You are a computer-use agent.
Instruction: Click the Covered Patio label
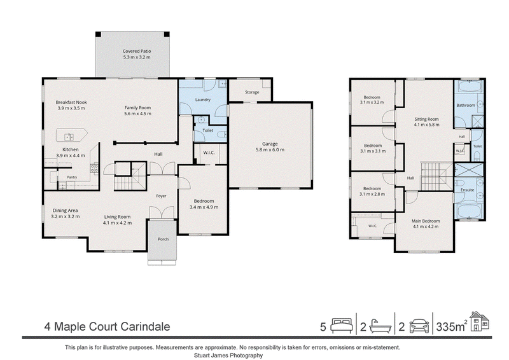[137, 51]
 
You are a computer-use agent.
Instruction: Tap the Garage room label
[270, 144]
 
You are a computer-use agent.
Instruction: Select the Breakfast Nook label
[71, 102]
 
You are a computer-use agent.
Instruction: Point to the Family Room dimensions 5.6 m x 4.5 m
[137, 114]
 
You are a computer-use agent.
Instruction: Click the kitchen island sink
[69, 137]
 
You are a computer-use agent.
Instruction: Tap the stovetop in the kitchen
[94, 168]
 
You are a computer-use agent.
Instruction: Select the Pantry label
[72, 177]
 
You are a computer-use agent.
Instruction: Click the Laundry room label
[203, 100]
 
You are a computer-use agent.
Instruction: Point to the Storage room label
[252, 92]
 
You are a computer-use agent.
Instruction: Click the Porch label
[164, 239]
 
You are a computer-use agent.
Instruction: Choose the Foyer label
[162, 196]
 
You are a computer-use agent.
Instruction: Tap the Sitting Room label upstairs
[426, 119]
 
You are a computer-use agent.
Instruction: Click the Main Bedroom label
[426, 221]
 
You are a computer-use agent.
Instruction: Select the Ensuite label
[468, 190]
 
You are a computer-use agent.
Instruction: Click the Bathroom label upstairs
[466, 105]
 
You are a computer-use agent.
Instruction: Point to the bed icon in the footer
[342, 326]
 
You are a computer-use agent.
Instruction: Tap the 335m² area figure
[452, 326]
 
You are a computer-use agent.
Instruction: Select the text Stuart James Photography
[228, 356]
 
